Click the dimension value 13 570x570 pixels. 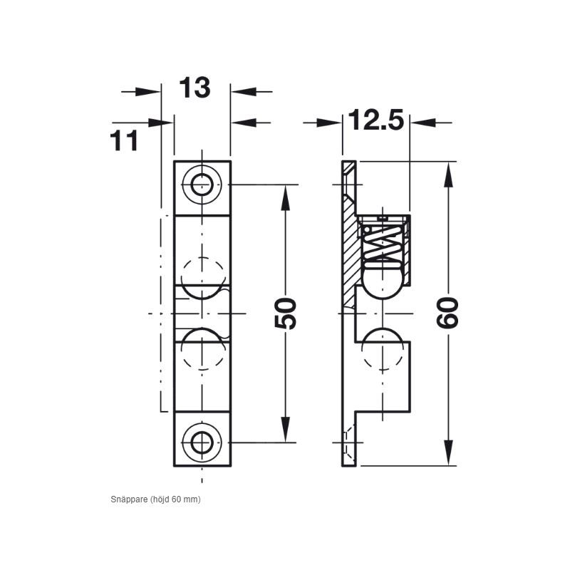pyautogui.click(x=195, y=88)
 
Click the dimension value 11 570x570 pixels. pyautogui.click(x=125, y=140)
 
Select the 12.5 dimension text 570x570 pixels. pyautogui.click(x=376, y=120)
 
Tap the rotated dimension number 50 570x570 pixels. pyautogui.click(x=286, y=313)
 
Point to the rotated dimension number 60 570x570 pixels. pyautogui.click(x=447, y=313)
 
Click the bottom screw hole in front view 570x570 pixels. pyautogui.click(x=202, y=442)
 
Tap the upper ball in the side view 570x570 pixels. pyautogui.click(x=385, y=279)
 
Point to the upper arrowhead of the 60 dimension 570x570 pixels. pyautogui.click(x=448, y=175)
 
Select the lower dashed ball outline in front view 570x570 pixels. pyautogui.click(x=202, y=349)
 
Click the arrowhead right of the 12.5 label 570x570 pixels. pyautogui.click(x=423, y=123)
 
